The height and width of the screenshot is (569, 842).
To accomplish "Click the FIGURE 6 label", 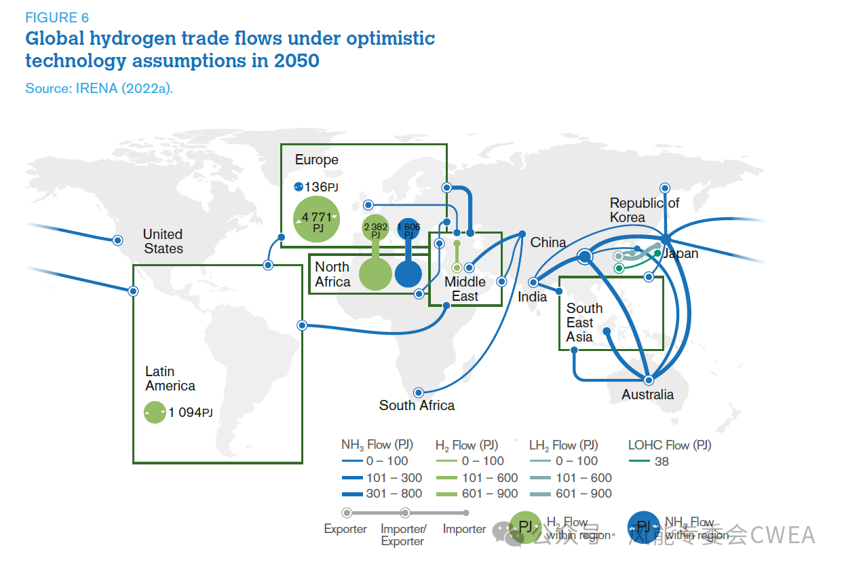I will (57, 18).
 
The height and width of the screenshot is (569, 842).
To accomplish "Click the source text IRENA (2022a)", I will (99, 88).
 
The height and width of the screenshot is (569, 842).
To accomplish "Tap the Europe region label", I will (316, 160).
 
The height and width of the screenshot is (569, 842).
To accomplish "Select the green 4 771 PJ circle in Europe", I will (317, 219).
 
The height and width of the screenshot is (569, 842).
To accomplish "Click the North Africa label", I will (332, 274).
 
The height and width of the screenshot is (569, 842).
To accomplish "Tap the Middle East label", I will (465, 289).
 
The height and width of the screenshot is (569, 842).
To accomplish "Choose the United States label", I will (163, 241).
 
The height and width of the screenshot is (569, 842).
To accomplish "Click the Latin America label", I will (170, 379).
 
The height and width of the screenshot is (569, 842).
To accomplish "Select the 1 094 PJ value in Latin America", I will (190, 412).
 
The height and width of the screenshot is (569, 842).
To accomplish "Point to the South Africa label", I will (417, 405).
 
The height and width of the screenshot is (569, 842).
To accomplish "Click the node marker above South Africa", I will (419, 392).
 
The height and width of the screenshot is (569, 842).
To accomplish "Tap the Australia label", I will (648, 394).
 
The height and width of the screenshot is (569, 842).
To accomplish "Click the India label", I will (532, 297).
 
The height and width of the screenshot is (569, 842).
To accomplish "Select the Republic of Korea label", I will (644, 210).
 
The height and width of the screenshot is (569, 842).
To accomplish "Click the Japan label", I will (680, 254).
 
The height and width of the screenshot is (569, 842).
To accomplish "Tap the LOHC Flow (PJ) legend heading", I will (669, 445).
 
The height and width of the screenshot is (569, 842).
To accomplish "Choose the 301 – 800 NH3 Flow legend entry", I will (394, 494).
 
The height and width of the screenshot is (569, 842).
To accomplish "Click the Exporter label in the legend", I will (345, 529).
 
